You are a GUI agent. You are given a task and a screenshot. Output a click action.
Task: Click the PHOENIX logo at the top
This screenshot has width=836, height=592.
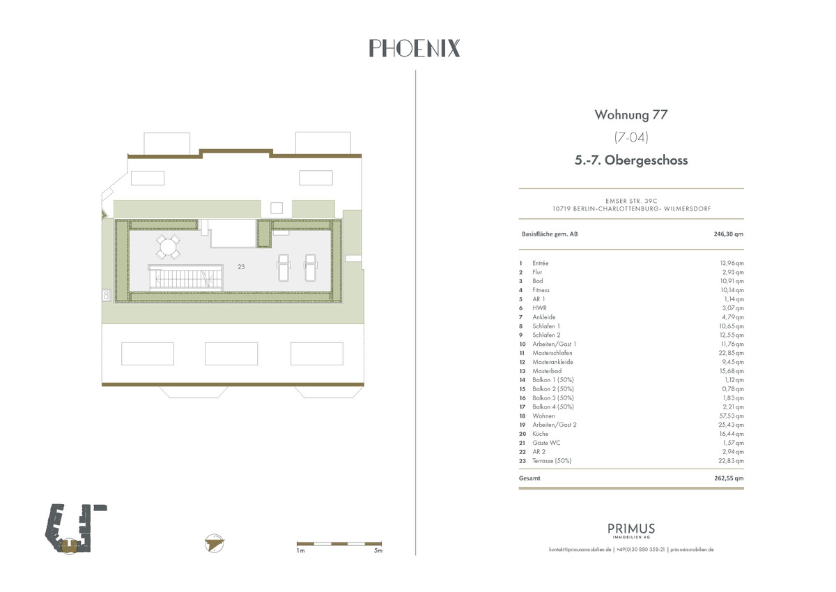coord(415,48)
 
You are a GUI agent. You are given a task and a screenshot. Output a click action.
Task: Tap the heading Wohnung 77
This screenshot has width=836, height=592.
coord(630,114)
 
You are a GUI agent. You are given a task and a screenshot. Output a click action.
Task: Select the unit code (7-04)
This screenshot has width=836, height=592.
coord(631,137)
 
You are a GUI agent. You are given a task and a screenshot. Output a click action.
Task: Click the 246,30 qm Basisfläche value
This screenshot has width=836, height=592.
coord(729,234)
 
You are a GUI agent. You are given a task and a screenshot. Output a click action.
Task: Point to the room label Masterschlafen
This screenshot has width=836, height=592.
coord(552,353)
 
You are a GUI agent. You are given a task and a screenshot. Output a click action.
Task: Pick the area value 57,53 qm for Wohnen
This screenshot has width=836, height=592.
coord(731,416)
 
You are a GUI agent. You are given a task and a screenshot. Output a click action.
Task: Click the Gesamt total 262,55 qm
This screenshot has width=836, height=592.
coord(729,478)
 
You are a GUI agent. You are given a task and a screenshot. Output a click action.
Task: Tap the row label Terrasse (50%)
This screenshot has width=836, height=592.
coord(552,461)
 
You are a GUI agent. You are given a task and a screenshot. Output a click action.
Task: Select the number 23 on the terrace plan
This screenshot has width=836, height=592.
coord(241,266)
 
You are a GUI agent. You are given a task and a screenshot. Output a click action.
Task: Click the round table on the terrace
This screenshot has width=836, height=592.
coord(168,247)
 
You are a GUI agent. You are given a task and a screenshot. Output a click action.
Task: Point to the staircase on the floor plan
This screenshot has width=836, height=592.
coord(185,278)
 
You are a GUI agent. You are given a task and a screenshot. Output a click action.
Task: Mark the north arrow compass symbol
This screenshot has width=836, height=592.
coord(215,543)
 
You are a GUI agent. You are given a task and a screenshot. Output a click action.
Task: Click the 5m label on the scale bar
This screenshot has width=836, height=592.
coord(378,551)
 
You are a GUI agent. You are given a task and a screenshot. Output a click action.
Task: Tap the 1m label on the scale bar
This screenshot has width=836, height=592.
coord(300,551)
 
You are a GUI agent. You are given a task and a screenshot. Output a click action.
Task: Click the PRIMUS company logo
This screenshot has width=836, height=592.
coord(631,531)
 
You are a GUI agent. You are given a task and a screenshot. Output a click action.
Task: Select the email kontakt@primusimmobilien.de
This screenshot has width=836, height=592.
coord(580,549)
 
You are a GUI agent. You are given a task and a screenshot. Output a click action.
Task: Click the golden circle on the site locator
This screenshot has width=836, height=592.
coord(69,547)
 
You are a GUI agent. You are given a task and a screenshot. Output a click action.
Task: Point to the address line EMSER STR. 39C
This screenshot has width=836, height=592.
coord(631,201)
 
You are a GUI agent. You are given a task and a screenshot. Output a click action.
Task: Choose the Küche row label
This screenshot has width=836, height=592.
coord(540,434)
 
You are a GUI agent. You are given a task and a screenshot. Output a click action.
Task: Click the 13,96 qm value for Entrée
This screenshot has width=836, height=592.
coord(731,264)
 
